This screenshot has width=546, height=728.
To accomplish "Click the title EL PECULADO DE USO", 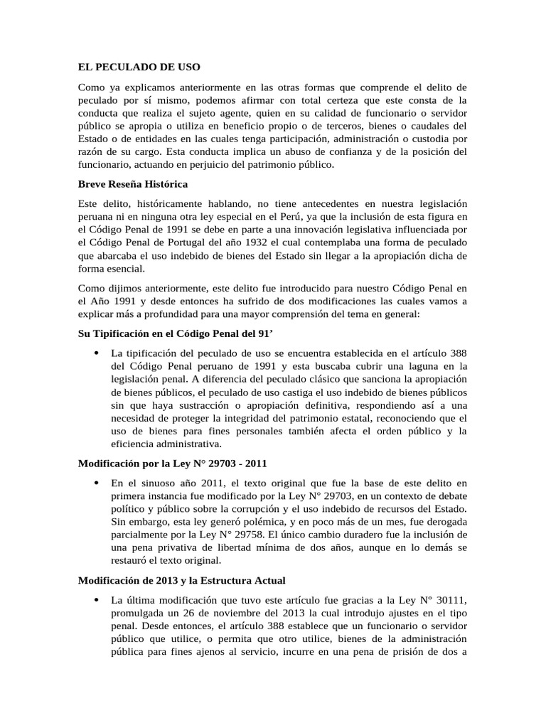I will tap(139, 67).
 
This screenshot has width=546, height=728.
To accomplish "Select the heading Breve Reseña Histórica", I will tap(132, 184).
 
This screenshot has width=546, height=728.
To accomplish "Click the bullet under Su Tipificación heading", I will tap(96, 353).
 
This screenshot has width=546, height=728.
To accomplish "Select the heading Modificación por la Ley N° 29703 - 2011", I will tap(172, 463).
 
